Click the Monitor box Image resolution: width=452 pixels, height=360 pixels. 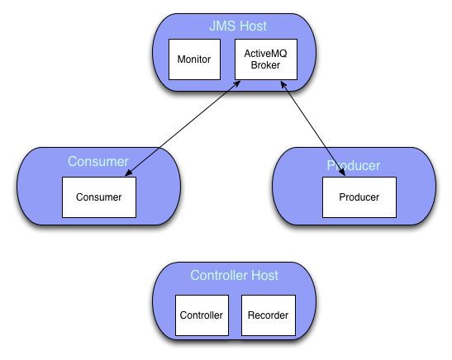pos(194,59)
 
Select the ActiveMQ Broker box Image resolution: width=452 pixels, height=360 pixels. pos(266,59)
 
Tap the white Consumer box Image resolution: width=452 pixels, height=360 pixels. pos(99,197)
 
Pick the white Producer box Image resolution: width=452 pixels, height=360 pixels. pos(359,197)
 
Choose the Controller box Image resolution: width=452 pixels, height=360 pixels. pos(202,315)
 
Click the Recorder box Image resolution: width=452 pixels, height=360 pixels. pos(269,315)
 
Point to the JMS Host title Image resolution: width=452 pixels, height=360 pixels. pos(238,26)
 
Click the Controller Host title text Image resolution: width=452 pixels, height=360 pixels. pos(234,275)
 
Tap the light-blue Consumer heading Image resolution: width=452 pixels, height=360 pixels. pos(98,161)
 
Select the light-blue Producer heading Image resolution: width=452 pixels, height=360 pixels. pos(354,166)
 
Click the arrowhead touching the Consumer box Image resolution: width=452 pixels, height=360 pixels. pos(129,173)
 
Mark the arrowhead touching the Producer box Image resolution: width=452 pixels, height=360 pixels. pos(342,172)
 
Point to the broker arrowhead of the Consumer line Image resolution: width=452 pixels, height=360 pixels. pos(237,84)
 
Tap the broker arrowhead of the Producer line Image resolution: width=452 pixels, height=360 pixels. pos(283,85)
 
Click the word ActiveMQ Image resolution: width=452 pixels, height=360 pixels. pos(265,54)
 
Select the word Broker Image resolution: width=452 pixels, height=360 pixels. pos(265,65)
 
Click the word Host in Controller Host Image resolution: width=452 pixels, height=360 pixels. pos(264,275)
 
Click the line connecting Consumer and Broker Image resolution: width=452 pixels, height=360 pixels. pos(183,129)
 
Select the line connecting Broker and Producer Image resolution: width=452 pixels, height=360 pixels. pos(313,129)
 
